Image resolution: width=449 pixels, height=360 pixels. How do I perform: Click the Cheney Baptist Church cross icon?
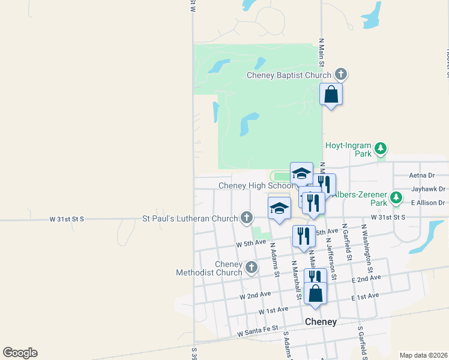(341, 74)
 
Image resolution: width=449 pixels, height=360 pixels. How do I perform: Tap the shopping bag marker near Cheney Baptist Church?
(331, 95)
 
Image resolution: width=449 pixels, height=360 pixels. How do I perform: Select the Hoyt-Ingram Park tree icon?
(380, 148)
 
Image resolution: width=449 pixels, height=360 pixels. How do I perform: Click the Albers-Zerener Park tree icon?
(396, 197)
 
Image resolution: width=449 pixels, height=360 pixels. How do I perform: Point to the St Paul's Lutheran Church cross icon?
(246, 218)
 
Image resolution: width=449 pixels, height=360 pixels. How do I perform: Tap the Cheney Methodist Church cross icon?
(251, 267)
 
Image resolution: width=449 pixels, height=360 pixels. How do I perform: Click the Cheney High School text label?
(256, 186)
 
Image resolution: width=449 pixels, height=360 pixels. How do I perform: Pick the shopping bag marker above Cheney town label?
(316, 294)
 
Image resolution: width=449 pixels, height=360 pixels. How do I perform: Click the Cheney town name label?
(321, 322)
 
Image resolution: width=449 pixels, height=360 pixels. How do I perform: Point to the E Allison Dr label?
(428, 203)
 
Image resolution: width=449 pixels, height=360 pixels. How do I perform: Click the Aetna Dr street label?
(421, 175)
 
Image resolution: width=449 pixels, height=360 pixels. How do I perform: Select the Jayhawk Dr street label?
(428, 189)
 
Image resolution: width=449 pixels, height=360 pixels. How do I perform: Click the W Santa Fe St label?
(258, 331)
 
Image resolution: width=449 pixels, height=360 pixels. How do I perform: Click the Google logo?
(20, 353)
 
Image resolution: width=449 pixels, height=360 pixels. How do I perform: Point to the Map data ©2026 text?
(423, 355)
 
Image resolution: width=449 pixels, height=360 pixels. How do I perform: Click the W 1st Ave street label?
(273, 310)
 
